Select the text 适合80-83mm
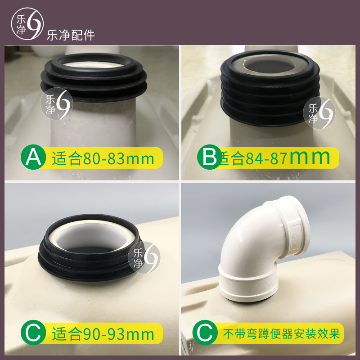103,158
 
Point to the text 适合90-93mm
103,334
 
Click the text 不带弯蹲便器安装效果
283,334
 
